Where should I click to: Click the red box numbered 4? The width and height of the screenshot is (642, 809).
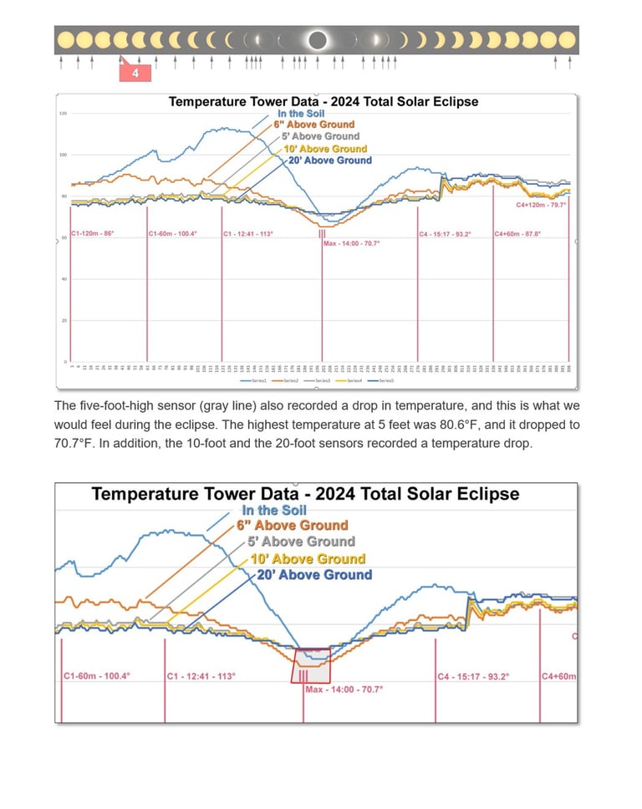pyautogui.click(x=135, y=74)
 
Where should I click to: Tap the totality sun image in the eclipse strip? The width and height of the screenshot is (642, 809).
pyautogui.click(x=317, y=39)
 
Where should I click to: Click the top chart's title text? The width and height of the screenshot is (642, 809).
pyautogui.click(x=324, y=102)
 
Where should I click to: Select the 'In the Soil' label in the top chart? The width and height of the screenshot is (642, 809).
pyautogui.click(x=303, y=113)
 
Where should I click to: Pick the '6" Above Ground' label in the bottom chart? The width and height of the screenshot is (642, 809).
pyautogui.click(x=292, y=526)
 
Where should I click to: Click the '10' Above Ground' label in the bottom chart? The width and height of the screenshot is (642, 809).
pyautogui.click(x=308, y=558)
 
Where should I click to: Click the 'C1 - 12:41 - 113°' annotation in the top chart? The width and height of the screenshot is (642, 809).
pyautogui.click(x=248, y=234)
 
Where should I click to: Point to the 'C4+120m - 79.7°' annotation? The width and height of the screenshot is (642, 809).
pyautogui.click(x=541, y=205)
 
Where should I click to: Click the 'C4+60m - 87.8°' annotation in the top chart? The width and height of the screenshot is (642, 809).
pyautogui.click(x=517, y=234)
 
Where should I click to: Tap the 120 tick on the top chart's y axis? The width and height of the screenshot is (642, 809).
pyautogui.click(x=62, y=114)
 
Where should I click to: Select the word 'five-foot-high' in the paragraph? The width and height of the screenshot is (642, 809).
pyautogui.click(x=117, y=406)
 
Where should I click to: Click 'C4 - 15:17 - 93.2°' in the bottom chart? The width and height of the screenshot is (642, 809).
pyautogui.click(x=473, y=676)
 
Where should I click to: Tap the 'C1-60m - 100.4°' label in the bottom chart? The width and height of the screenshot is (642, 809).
pyautogui.click(x=97, y=676)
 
